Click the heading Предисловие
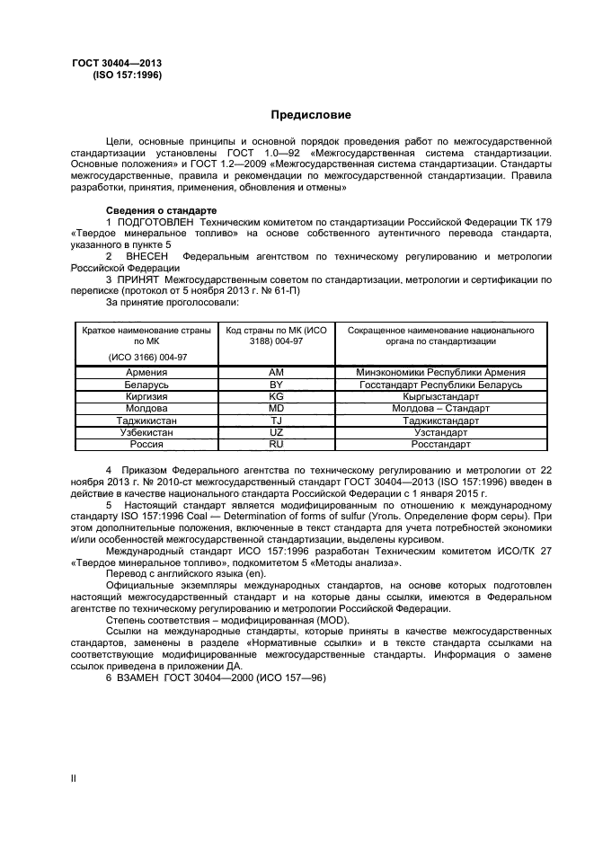[312, 116]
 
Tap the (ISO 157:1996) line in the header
[127, 76]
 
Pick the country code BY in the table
[276, 385]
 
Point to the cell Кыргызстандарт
[440, 396]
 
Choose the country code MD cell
[276, 408]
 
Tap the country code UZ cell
[276, 432]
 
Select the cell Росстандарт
[440, 444]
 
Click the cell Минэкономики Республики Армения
[440, 372]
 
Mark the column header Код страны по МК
[276, 336]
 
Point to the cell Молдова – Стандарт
[440, 408]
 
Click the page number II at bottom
[75, 778]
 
